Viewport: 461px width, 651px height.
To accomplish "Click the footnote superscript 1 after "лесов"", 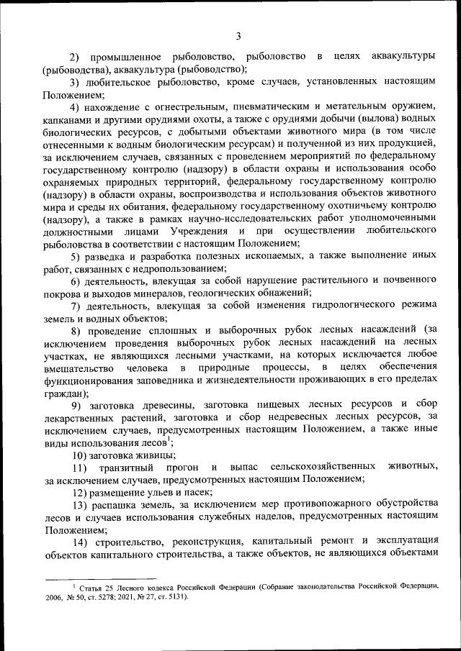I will pyautogui.click(x=169, y=439).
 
